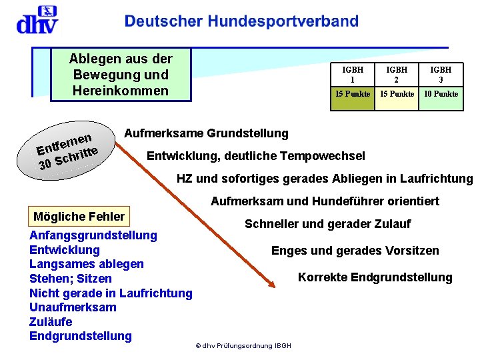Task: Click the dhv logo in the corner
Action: pyautogui.click(x=37, y=20)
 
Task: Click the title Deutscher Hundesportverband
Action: pyautogui.click(x=241, y=21)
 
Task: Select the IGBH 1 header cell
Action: pyautogui.click(x=353, y=74)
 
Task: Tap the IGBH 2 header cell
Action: pyautogui.click(x=397, y=74)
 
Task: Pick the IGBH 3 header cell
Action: pyautogui.click(x=441, y=74)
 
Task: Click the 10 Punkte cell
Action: pyautogui.click(x=441, y=94)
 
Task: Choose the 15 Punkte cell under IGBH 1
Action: pyautogui.click(x=353, y=94)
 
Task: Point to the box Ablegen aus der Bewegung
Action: pyautogui.click(x=121, y=75)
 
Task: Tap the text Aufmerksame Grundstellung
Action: pyautogui.click(x=206, y=133)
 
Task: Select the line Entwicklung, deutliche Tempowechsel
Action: pyautogui.click(x=255, y=156)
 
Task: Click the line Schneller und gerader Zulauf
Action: pyautogui.click(x=327, y=224)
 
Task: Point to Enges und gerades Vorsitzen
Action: pyautogui.click(x=355, y=251)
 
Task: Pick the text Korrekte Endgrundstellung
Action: pyautogui.click(x=375, y=277)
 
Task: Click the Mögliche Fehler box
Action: pyautogui.click(x=79, y=216)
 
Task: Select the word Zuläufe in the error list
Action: pyautogui.click(x=51, y=321)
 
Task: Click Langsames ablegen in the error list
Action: pyautogui.click(x=86, y=264)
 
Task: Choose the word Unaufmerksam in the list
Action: pyautogui.click(x=73, y=307)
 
